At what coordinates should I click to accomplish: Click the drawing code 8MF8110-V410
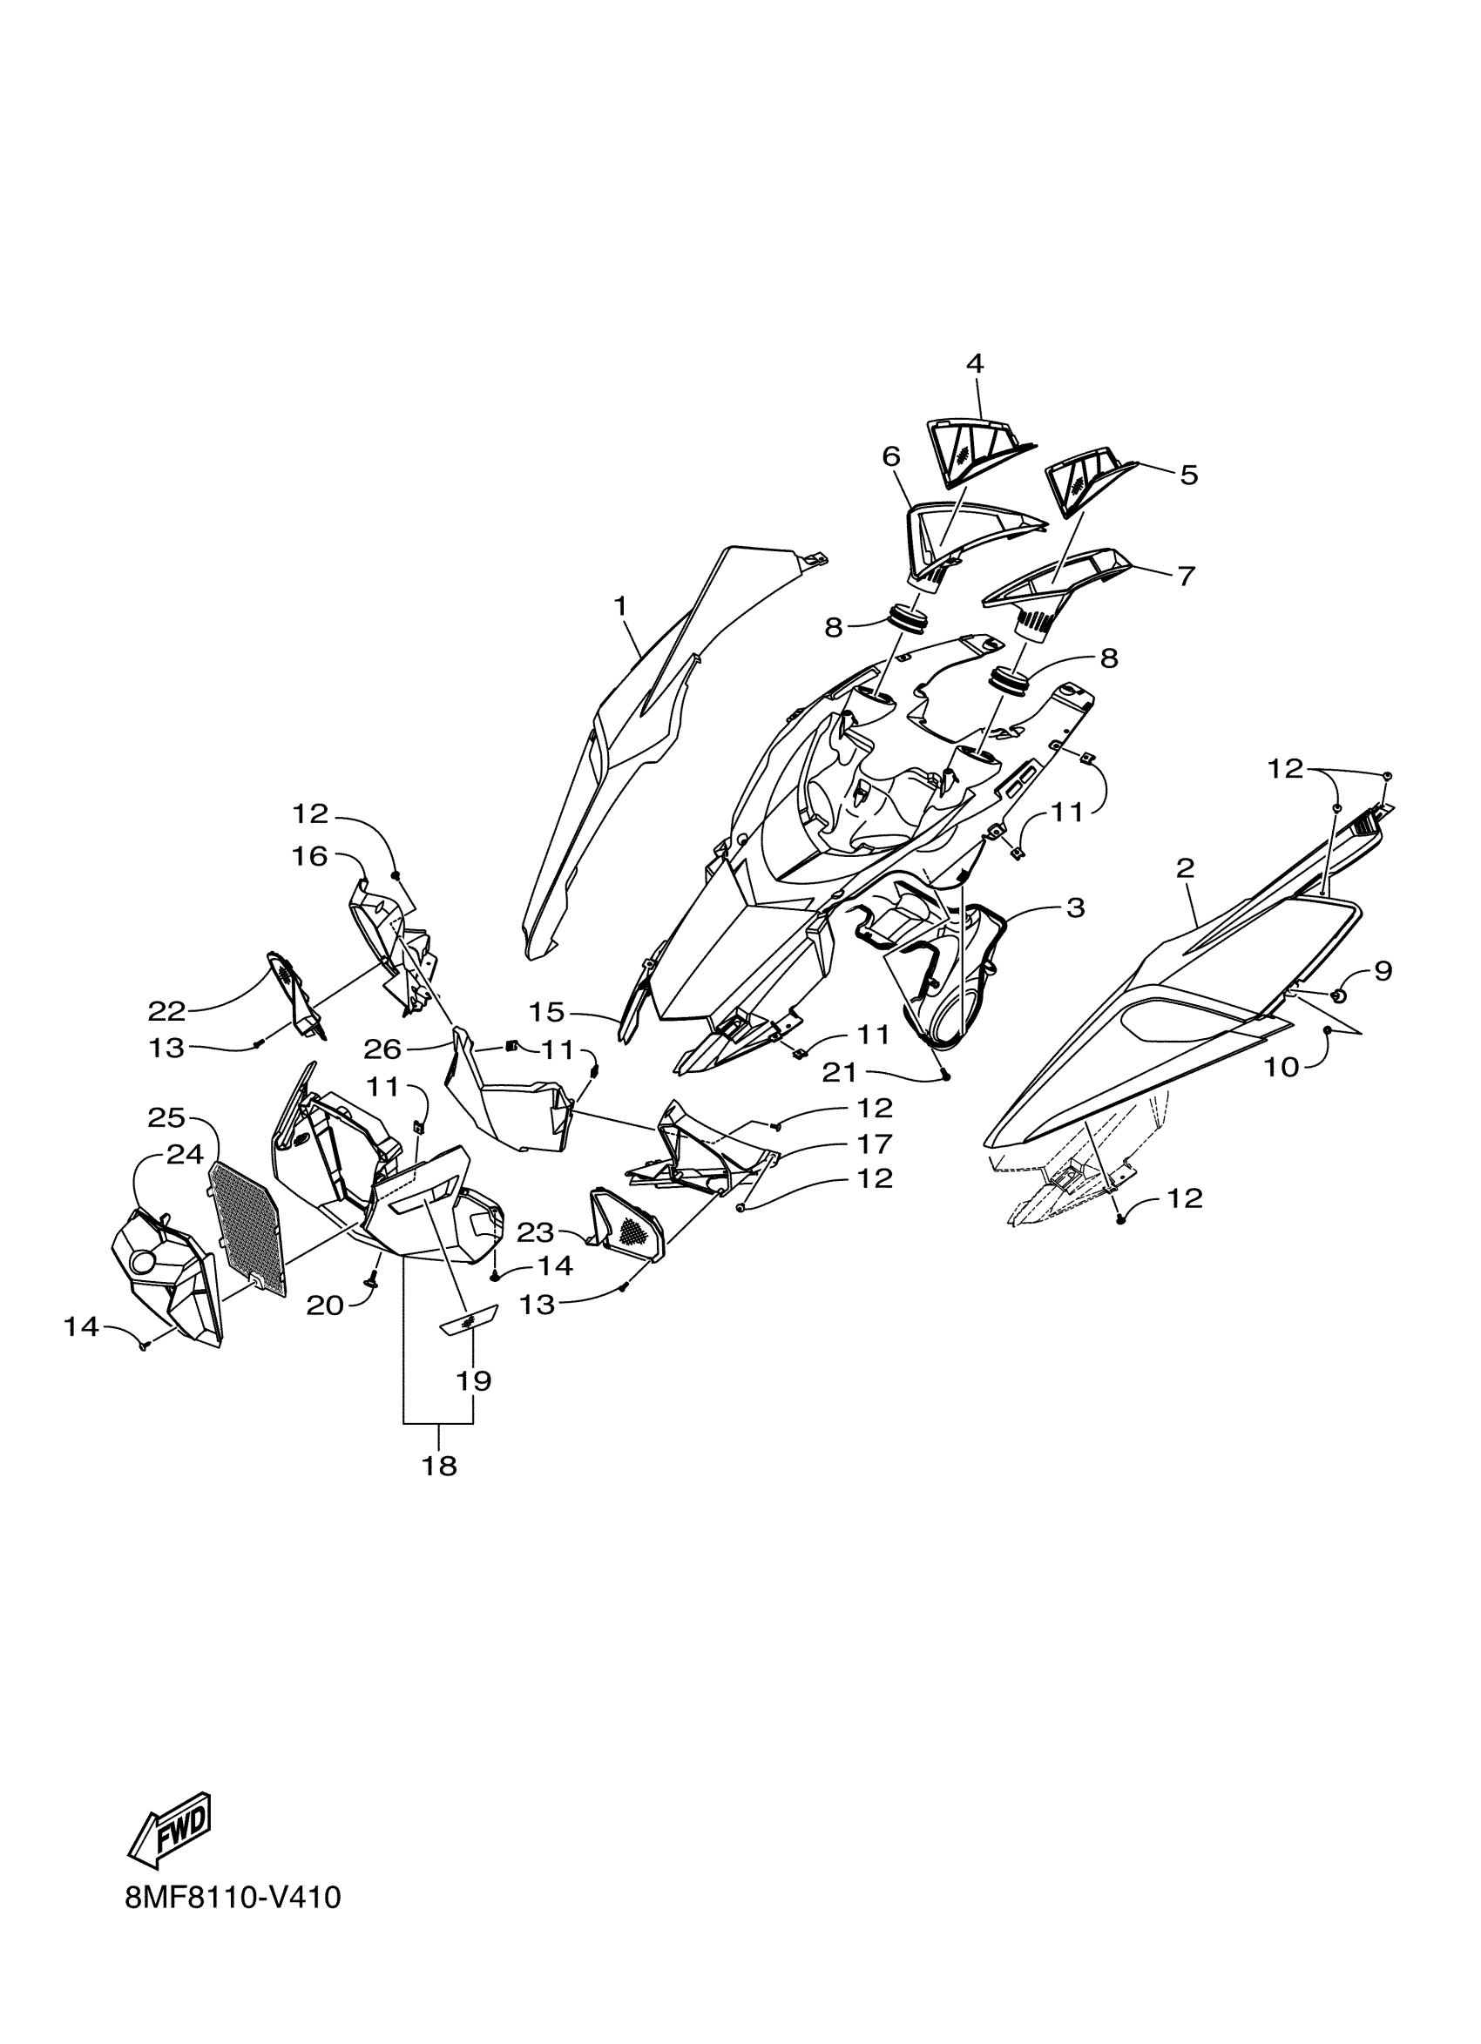[x=233, y=1922]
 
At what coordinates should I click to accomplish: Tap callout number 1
[x=620, y=605]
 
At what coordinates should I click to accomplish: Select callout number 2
[x=1185, y=869]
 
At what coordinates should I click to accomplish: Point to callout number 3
[x=1074, y=907]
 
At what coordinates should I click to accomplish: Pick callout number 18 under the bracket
[x=439, y=1467]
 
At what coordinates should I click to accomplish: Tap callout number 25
[x=166, y=1117]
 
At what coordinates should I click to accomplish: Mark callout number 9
[x=1383, y=971]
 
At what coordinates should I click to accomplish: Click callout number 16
[x=308, y=856]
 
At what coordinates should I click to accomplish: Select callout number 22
[x=166, y=1011]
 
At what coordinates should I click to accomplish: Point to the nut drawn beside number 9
[x=1340, y=995]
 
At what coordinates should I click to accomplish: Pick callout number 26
[x=382, y=1049]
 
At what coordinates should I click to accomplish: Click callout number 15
[x=546, y=1012]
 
